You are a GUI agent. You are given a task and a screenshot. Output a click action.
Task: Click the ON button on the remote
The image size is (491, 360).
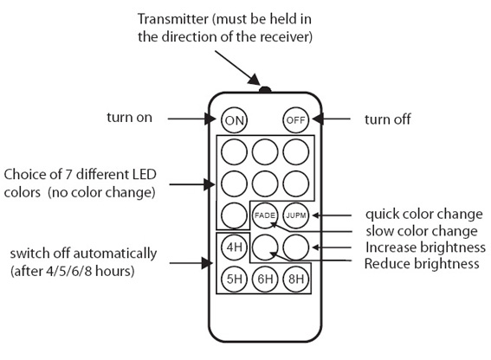pos(234,120)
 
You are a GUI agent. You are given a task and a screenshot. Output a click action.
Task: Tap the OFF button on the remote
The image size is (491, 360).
pos(295,120)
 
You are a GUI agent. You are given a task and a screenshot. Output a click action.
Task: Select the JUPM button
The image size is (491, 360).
pos(295,215)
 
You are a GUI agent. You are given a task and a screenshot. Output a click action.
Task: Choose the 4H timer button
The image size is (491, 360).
pos(234,247)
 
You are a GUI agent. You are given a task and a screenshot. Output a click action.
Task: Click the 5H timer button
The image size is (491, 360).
pos(234,279)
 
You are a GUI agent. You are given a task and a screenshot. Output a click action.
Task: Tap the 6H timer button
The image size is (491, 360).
pos(265,279)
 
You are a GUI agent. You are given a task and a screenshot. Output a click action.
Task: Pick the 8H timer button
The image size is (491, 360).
pos(295,279)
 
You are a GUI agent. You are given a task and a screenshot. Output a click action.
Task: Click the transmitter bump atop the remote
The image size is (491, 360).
pos(265,89)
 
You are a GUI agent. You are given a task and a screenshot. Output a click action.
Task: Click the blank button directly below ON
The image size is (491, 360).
pos(234,151)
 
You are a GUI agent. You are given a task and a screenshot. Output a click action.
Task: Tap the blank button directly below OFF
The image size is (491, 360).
pos(295,151)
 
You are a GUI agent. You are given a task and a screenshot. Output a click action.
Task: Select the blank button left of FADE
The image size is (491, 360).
pos(234,215)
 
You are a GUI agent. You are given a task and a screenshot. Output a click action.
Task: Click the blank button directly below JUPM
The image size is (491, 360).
pos(295,247)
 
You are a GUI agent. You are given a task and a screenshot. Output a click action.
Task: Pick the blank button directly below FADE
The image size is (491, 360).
pos(265,247)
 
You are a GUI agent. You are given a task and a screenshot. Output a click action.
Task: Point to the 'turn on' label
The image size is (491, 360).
pos(129,118)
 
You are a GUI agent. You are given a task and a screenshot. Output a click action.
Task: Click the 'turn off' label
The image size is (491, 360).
pos(387,119)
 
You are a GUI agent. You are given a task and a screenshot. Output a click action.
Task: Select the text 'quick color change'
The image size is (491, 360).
pos(424,214)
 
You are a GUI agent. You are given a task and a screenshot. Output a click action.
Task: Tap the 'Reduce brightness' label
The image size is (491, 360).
pos(422,264)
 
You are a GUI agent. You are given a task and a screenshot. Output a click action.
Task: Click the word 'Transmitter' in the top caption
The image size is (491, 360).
pos(173,19)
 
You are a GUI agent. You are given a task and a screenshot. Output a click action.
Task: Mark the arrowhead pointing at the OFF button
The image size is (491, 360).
pos(318,119)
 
